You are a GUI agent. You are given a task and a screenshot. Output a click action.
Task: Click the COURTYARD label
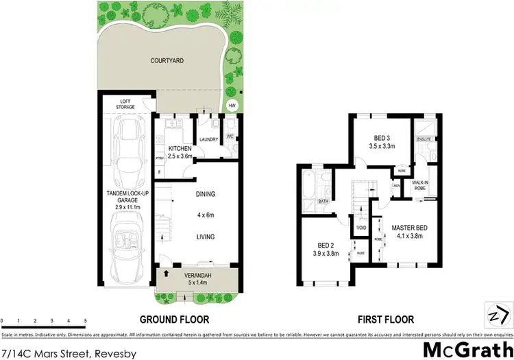[169, 60]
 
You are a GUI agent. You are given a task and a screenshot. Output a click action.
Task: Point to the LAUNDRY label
[208, 140]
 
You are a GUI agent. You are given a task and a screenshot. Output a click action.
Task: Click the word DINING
[205, 193]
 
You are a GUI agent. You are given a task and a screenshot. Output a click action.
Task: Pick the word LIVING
[205, 237]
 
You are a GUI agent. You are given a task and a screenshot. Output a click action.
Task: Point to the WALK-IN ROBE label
[421, 185]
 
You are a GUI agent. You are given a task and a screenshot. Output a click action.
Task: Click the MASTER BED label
[411, 231]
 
